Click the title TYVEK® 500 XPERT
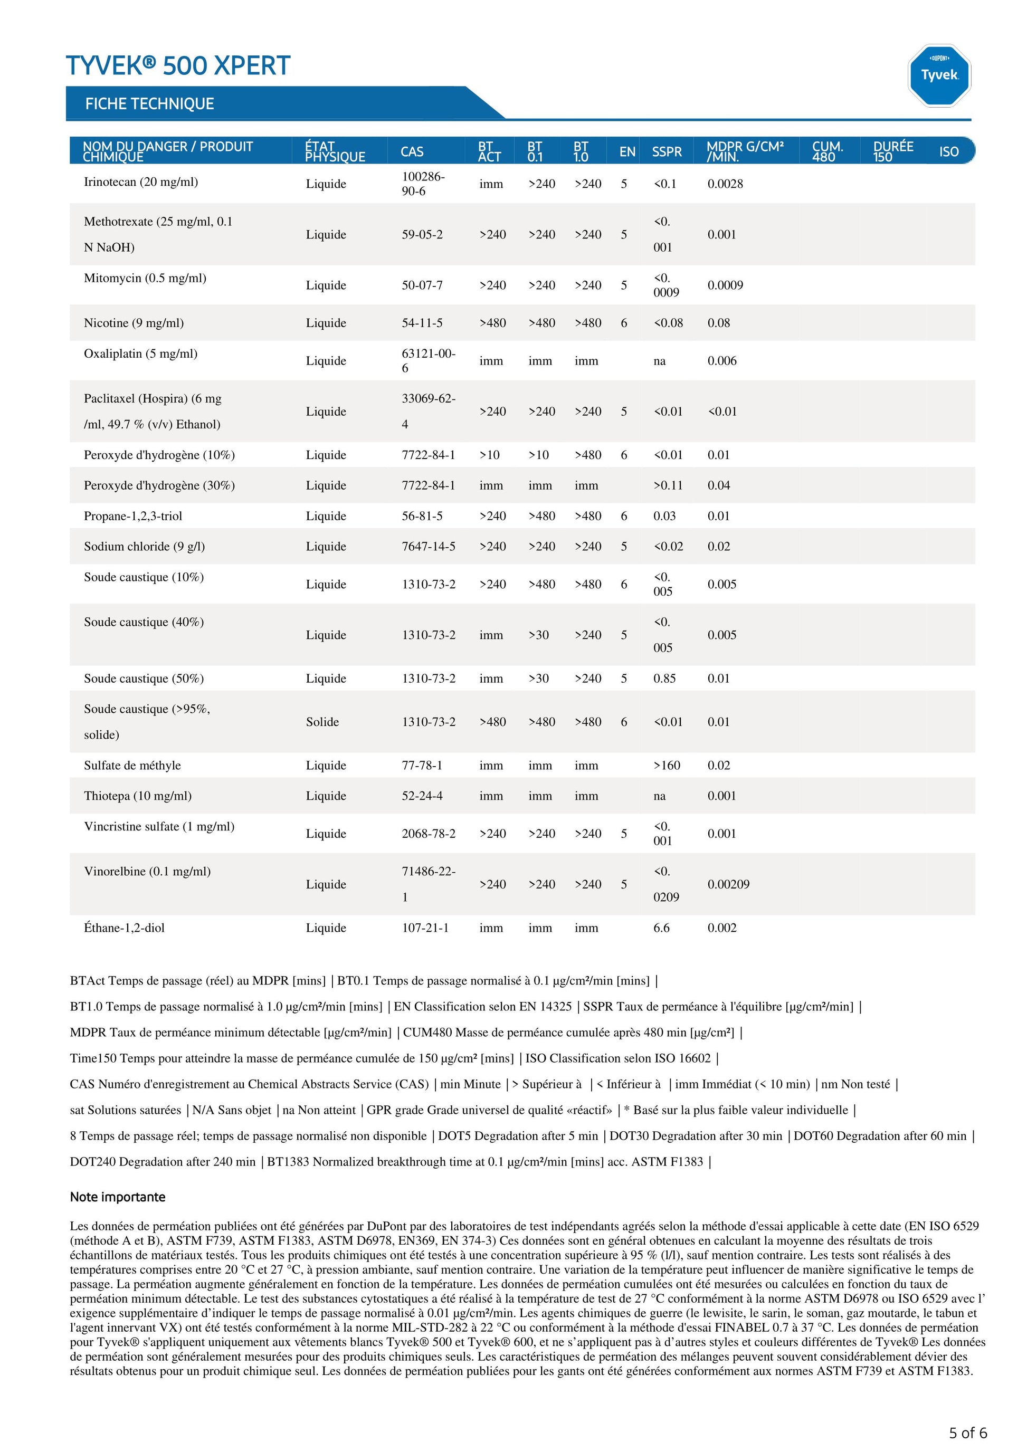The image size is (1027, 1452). coord(178,66)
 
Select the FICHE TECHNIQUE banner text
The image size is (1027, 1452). coord(150,104)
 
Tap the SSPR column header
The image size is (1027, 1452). coord(667,152)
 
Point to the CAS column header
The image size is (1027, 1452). coord(412,152)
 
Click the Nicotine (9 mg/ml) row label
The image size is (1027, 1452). coord(134,323)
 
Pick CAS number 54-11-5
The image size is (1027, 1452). coord(422,323)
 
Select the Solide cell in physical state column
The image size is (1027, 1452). coord(322,722)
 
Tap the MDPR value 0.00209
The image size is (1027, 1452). coord(728,884)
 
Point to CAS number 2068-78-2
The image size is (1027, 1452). coord(428,834)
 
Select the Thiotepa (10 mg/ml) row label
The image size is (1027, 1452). coord(138,796)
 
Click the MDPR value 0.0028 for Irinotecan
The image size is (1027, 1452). coord(725,184)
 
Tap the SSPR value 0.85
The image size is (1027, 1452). coord(664,679)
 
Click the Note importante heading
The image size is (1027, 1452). coord(118,1197)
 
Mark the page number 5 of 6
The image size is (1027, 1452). coord(967,1432)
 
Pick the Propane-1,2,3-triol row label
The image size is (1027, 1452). coord(133,516)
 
